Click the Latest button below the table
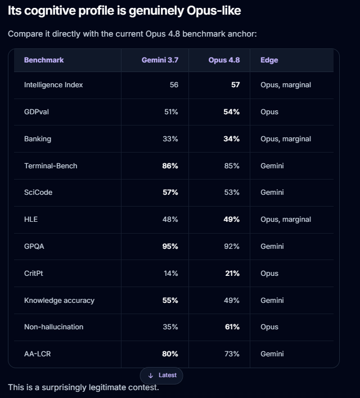pyautogui.click(x=161, y=375)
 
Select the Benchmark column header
pyautogui.click(x=44, y=60)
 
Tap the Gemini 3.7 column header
pyautogui.click(x=160, y=60)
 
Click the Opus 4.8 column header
pyautogui.click(x=224, y=60)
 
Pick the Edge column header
pyautogui.click(x=269, y=60)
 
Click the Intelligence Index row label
pyautogui.click(x=53, y=85)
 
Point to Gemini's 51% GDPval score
pyautogui.click(x=171, y=112)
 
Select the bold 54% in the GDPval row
pyautogui.click(x=231, y=112)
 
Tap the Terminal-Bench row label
pyautogui.click(x=51, y=166)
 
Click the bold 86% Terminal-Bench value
pyautogui.click(x=170, y=166)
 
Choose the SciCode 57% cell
pyautogui.click(x=170, y=193)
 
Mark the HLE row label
pyautogui.click(x=31, y=220)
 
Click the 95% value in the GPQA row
pyautogui.click(x=170, y=247)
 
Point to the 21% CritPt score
pyautogui.click(x=232, y=274)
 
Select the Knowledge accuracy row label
pyautogui.click(x=59, y=301)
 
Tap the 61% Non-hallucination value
pyautogui.click(x=232, y=327)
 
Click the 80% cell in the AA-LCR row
pyautogui.click(x=170, y=354)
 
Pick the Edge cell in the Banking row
pyautogui.click(x=286, y=139)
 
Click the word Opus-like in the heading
pyautogui.click(x=214, y=11)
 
